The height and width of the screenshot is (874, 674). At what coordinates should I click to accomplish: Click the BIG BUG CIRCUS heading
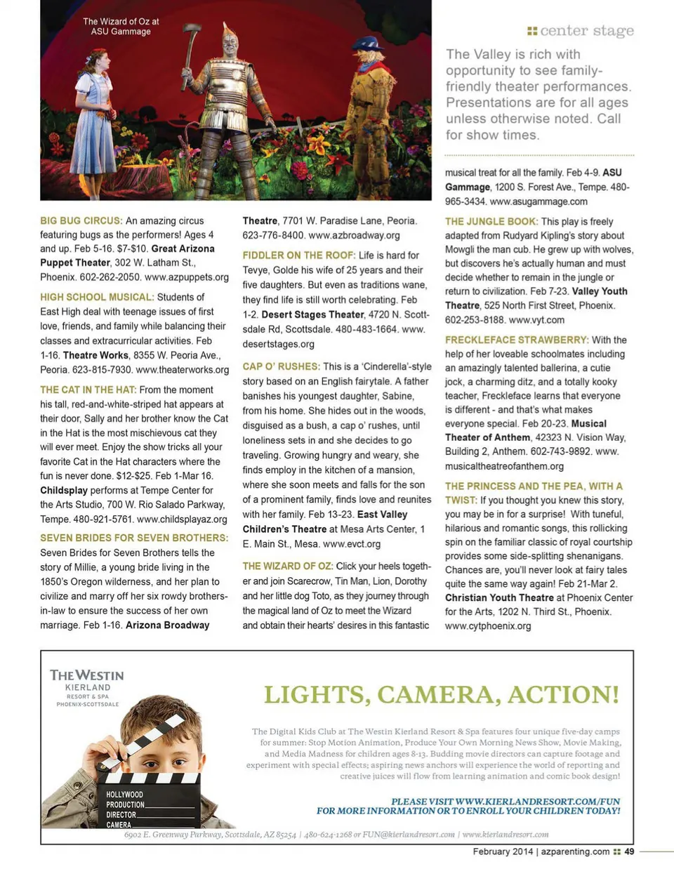pos(81,220)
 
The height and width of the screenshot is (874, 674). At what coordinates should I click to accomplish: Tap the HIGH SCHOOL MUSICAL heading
pos(97,297)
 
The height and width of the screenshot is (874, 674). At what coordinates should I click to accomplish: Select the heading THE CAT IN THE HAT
pos(88,390)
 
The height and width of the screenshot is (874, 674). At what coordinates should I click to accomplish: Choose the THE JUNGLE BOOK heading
pos(491,221)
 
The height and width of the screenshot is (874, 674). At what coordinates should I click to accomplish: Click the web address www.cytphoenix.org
pos(488,625)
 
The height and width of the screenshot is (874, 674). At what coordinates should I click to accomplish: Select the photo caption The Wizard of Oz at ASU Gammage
pos(121,27)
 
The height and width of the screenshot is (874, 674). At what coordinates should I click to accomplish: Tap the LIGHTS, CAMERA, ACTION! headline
pos(442,694)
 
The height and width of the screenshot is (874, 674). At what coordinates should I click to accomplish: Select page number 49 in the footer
pos(629,852)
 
